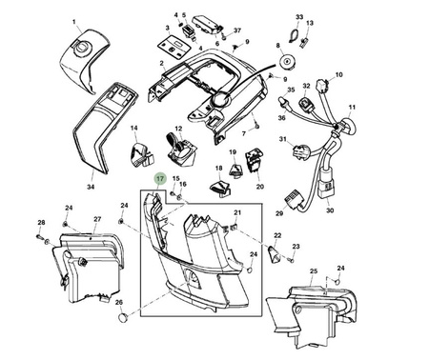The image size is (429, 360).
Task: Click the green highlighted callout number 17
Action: (160, 179)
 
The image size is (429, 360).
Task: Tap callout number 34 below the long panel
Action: (91, 187)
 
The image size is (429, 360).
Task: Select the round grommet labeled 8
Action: (289, 61)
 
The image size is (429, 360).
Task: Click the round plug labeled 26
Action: (122, 317)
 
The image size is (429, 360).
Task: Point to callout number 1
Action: (74, 22)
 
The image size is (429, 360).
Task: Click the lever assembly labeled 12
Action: (180, 150)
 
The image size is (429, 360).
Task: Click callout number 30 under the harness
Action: (330, 210)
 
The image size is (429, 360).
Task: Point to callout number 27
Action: (97, 219)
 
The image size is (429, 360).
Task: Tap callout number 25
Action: (314, 270)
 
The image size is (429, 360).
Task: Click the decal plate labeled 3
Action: (174, 47)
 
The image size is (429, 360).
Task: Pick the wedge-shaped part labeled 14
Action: (142, 154)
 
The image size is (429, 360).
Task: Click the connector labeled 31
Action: (299, 151)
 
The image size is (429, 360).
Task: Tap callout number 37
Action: (237, 30)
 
